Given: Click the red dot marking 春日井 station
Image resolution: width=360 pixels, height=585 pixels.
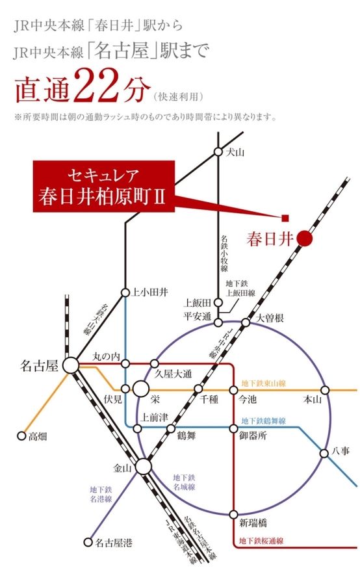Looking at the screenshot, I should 305,239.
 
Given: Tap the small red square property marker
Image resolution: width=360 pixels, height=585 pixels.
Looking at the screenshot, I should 284,217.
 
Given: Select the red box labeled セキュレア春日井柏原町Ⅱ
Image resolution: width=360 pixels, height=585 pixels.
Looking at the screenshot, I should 104,187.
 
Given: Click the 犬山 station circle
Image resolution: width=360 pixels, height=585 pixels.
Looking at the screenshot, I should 218,152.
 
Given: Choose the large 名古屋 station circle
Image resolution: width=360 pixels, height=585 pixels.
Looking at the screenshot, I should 71,366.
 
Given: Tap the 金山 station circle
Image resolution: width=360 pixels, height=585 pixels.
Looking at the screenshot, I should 143,467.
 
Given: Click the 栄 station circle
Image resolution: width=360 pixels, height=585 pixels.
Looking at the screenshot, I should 140,390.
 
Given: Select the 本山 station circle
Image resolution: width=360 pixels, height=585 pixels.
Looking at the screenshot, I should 325,390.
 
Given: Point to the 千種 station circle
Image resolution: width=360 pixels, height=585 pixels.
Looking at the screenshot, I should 199,389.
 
